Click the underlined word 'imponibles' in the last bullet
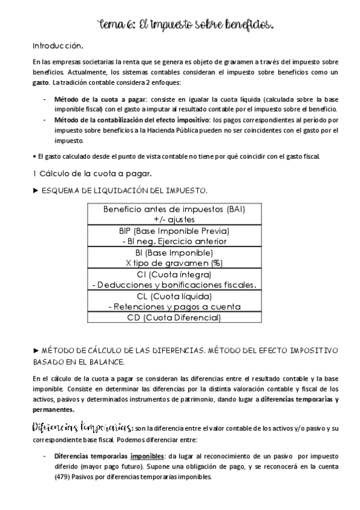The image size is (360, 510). point(148,456)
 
